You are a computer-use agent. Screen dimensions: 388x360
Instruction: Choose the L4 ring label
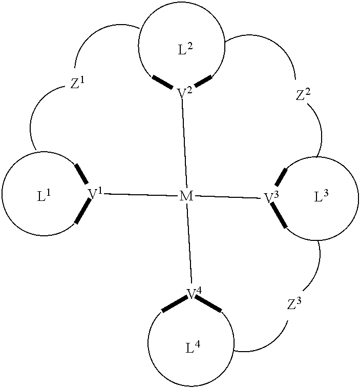(x=193, y=348)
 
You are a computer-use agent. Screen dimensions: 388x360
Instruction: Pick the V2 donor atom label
(x=184, y=93)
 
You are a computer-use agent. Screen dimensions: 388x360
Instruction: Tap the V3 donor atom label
(x=271, y=197)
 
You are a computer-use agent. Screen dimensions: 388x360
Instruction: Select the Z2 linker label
(x=303, y=95)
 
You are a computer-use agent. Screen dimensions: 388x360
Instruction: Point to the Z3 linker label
(x=293, y=304)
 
